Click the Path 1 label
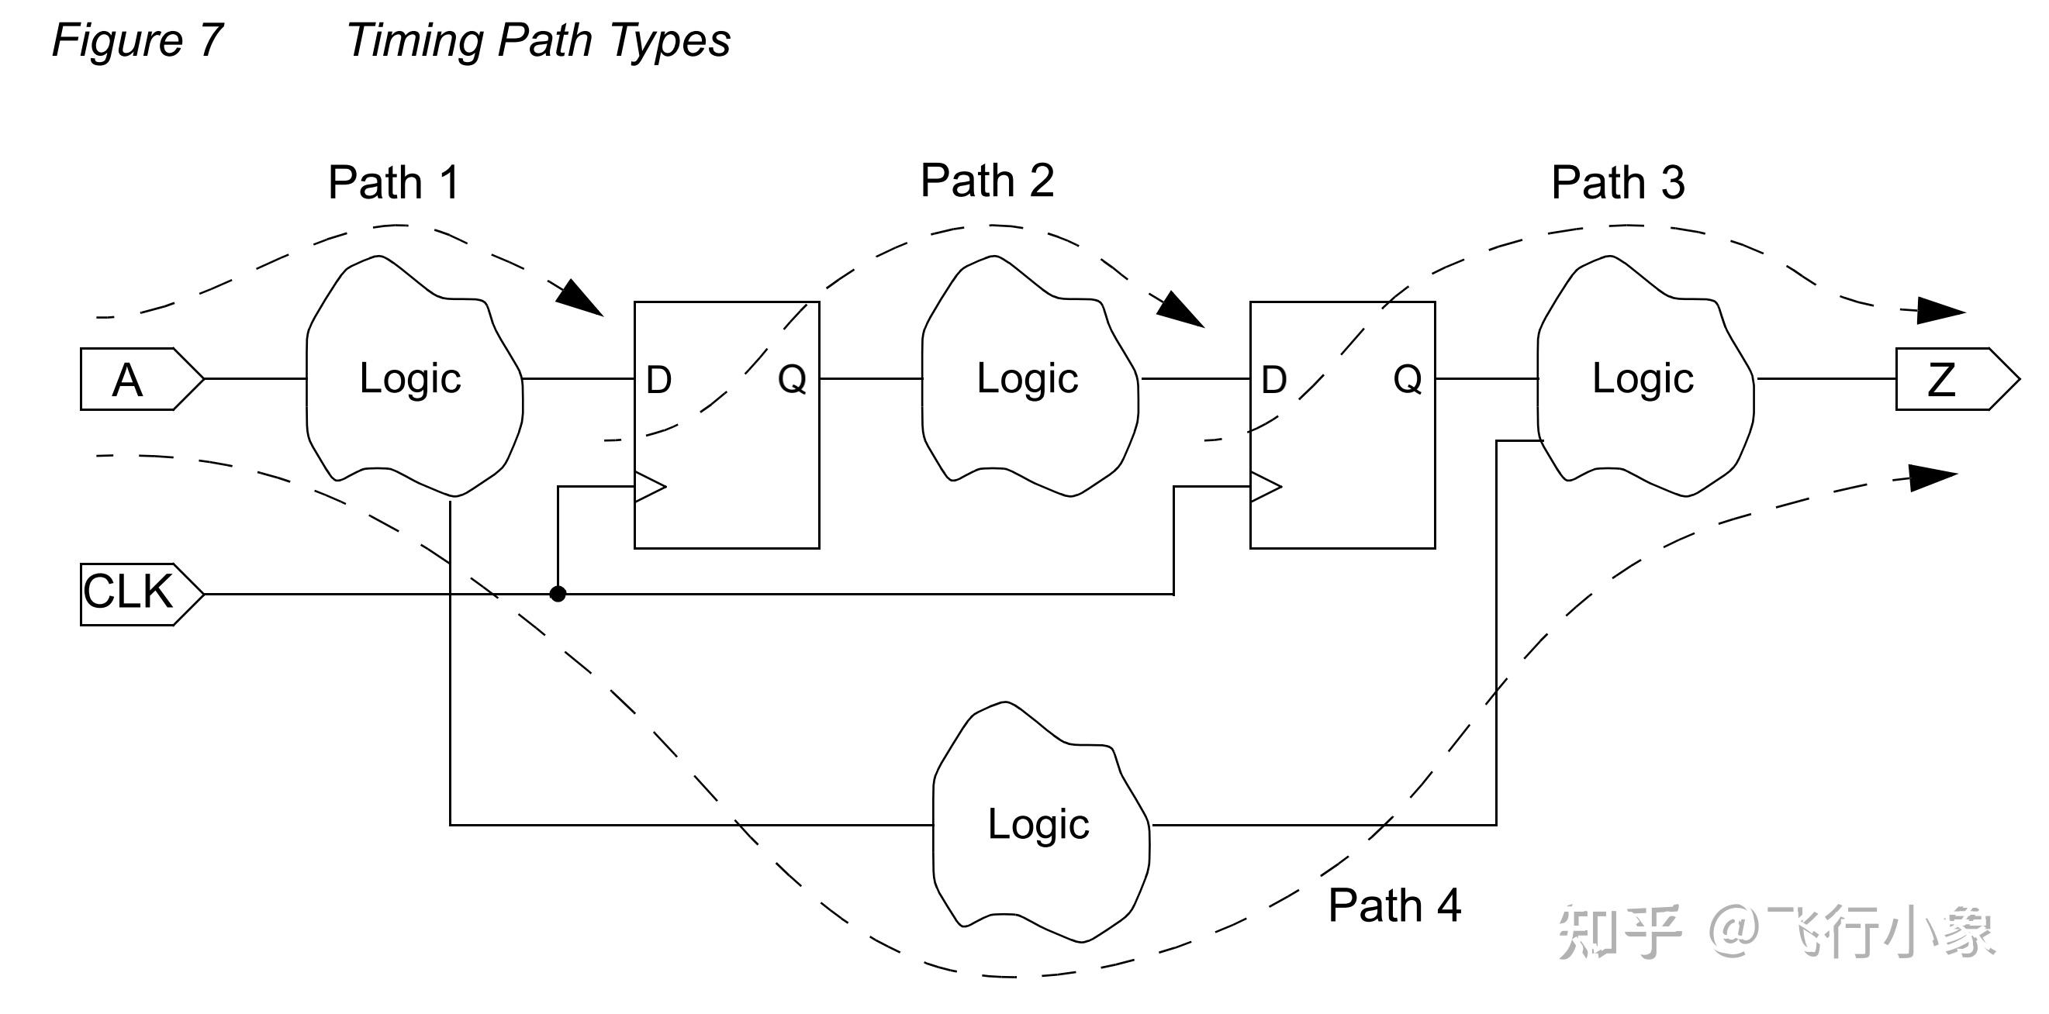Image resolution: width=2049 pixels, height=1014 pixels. [394, 183]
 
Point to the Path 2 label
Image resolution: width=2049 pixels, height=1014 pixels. [986, 181]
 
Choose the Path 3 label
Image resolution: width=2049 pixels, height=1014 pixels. [1617, 183]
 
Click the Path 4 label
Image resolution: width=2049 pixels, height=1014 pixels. [1394, 905]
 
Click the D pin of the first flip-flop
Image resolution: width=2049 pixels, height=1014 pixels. [658, 380]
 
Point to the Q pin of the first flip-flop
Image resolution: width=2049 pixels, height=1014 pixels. [791, 379]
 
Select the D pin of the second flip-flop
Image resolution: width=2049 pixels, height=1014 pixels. [1274, 380]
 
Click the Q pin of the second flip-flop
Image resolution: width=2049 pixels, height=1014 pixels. [1407, 379]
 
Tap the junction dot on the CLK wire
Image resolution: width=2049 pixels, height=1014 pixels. [558, 594]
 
